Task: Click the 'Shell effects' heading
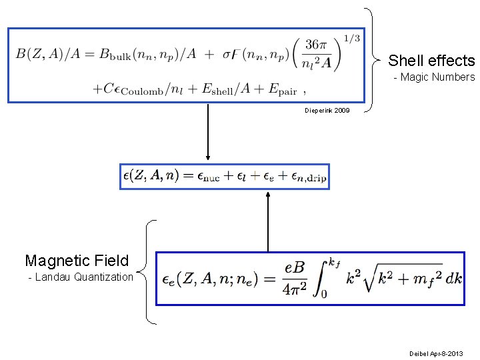pos(431,61)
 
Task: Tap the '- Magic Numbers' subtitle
pos(434,77)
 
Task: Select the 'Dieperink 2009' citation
pos(327,109)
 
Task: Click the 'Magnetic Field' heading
pos(77,260)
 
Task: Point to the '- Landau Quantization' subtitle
pos(81,277)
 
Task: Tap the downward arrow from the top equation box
pos(208,133)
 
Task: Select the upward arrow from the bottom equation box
pos(268,221)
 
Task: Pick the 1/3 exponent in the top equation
pos(352,38)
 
